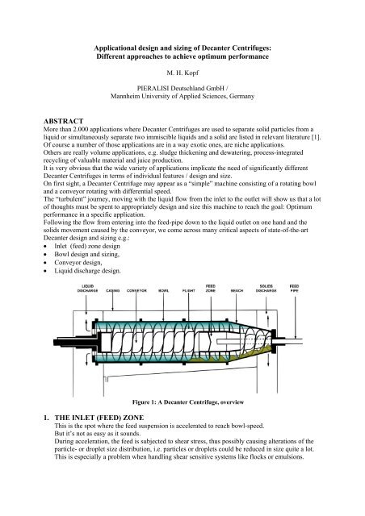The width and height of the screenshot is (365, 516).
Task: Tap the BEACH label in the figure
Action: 237,289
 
